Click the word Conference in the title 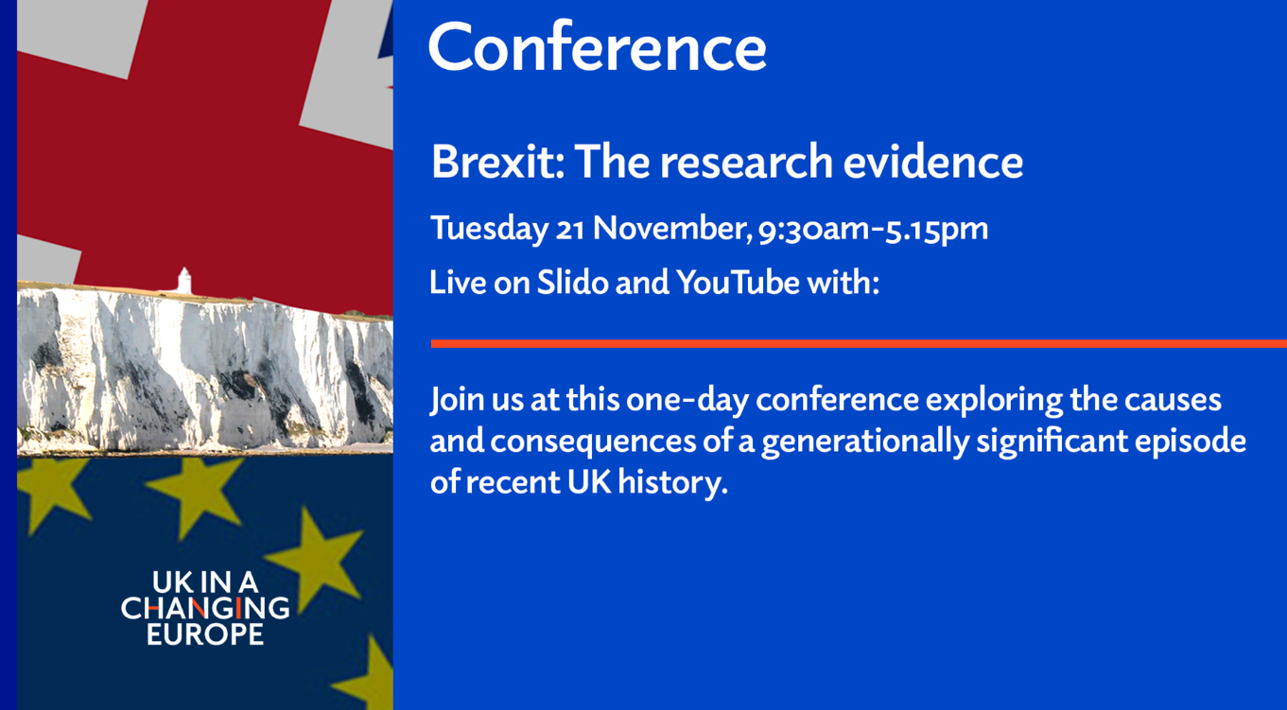point(597,47)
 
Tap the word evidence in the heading point(933,162)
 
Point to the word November point(672,228)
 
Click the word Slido point(572,283)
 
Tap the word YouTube point(738,283)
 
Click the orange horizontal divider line point(859,343)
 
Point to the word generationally point(865,442)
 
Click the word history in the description point(672,482)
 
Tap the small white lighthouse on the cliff point(183,281)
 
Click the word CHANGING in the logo point(205,608)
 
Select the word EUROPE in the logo point(205,634)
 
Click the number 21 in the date point(570,229)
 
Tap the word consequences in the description point(593,442)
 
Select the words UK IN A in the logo point(205,582)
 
